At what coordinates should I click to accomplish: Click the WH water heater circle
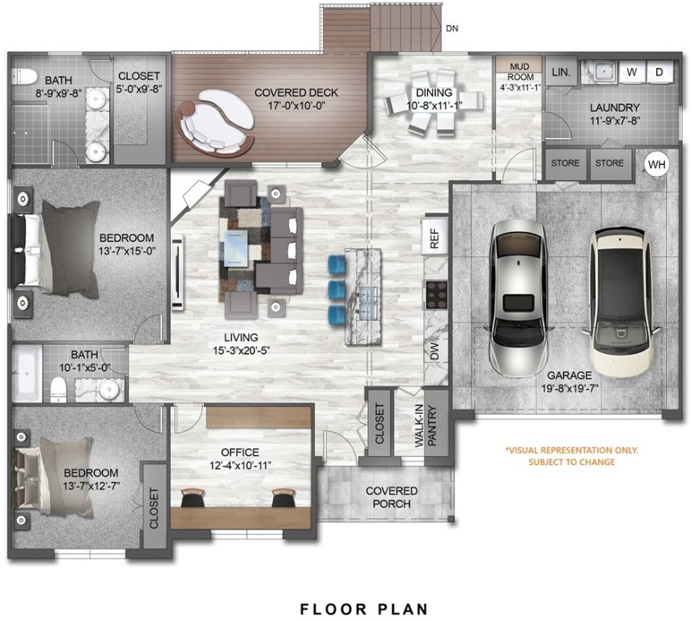657,164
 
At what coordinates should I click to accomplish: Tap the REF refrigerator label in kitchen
435,237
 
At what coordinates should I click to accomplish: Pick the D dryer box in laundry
659,72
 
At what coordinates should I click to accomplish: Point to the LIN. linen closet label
561,72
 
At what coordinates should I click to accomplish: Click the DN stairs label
453,27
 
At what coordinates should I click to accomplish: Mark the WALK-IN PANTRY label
436,427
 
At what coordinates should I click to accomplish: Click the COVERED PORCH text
392,497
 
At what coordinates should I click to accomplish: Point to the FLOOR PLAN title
363,608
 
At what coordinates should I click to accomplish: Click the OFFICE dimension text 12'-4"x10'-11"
240,465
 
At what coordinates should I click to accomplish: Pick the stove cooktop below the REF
436,293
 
